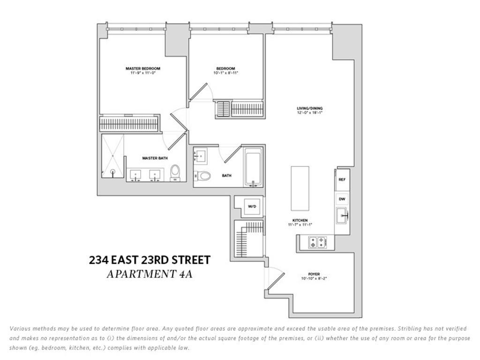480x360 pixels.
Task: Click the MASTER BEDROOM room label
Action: click(142, 68)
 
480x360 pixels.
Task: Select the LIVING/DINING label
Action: click(310, 109)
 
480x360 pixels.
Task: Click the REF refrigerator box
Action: click(342, 180)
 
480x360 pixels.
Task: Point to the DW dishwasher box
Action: click(342, 199)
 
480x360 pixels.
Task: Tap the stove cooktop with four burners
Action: click(316, 242)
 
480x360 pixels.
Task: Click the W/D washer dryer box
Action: click(252, 206)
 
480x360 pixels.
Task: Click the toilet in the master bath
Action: click(175, 172)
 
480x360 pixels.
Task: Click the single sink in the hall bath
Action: click(201, 156)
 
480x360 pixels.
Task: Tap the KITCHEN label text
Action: click(300, 220)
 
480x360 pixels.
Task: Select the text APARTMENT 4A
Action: click(150, 274)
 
